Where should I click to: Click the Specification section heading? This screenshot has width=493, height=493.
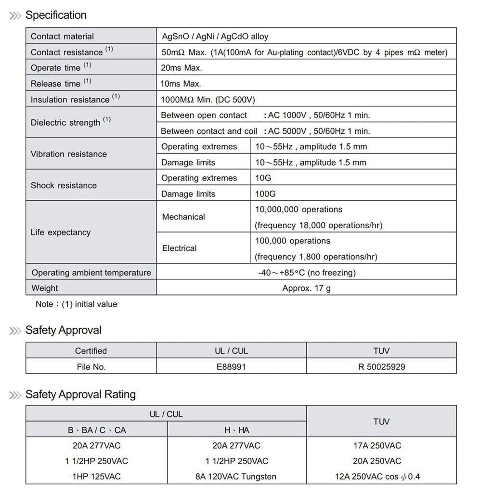click(x=56, y=15)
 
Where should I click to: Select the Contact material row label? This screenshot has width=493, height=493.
click(x=62, y=37)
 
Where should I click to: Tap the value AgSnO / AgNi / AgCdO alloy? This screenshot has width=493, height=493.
click(x=215, y=37)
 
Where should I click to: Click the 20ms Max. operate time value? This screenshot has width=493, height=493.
click(x=181, y=68)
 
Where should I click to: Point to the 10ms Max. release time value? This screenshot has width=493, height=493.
click(x=181, y=84)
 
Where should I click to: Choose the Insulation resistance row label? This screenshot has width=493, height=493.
click(x=70, y=100)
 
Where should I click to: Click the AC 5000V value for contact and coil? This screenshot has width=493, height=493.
click(x=319, y=131)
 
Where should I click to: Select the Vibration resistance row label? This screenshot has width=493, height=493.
click(x=69, y=154)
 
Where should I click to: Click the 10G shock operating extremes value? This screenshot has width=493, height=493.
click(x=263, y=178)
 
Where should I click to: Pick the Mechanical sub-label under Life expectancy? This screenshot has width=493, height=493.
click(x=183, y=217)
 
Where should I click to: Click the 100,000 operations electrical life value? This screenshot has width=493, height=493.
click(x=293, y=241)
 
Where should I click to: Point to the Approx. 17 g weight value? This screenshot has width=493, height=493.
click(x=306, y=288)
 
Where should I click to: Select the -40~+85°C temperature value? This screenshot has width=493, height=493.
click(x=307, y=273)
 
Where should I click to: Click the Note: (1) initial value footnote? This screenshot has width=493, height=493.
click(x=77, y=304)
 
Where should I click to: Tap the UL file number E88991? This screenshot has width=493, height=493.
click(x=231, y=367)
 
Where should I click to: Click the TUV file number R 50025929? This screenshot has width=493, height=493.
click(x=381, y=367)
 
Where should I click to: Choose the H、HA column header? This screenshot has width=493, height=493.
click(x=236, y=430)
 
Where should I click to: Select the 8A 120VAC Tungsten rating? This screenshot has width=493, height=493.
click(x=236, y=477)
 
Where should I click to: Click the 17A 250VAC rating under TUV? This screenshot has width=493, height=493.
click(x=377, y=446)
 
